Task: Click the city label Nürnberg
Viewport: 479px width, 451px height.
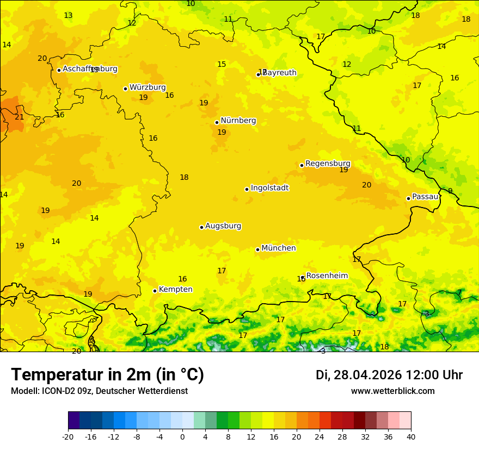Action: tap(238, 121)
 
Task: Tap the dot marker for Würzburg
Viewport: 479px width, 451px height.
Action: tap(125, 89)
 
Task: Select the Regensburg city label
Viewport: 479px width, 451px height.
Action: tap(328, 164)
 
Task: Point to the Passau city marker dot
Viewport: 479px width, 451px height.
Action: tap(408, 198)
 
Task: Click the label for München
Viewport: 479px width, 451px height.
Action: tap(279, 248)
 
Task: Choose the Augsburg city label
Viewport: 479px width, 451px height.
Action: tap(223, 226)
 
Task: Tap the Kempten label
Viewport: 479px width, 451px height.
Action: tap(175, 290)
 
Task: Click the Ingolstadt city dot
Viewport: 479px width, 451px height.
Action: tap(247, 189)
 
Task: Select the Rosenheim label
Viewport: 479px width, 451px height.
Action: tap(327, 276)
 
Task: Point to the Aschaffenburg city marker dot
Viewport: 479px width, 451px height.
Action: tap(59, 70)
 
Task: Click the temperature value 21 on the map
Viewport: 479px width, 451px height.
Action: tap(20, 117)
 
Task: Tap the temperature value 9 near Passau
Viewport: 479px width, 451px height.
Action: tap(450, 191)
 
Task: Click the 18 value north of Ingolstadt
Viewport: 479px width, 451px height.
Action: tap(184, 178)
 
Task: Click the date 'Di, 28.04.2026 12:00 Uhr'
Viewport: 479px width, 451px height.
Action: tap(389, 375)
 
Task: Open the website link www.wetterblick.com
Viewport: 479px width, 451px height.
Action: tap(392, 391)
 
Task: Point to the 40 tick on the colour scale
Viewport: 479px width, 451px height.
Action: tap(410, 436)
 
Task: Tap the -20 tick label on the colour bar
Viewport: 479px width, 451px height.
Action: tap(68, 436)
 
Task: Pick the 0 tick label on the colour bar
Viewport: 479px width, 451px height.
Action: tap(182, 436)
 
